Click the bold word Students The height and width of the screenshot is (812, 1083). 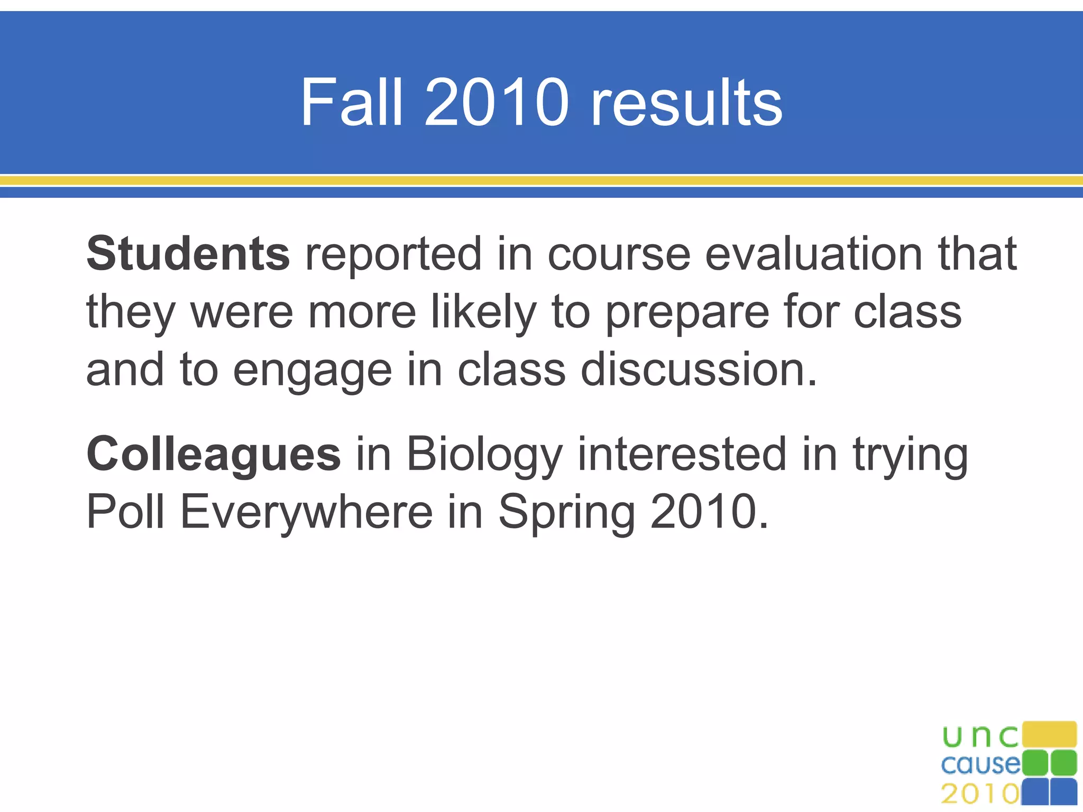click(x=188, y=254)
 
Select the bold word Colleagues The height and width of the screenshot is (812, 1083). click(x=214, y=455)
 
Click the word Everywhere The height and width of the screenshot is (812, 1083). click(x=307, y=512)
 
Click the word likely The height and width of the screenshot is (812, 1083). click(x=484, y=312)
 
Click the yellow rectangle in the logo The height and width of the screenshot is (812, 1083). click(x=1049, y=734)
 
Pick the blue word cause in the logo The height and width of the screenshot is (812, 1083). click(x=981, y=764)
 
